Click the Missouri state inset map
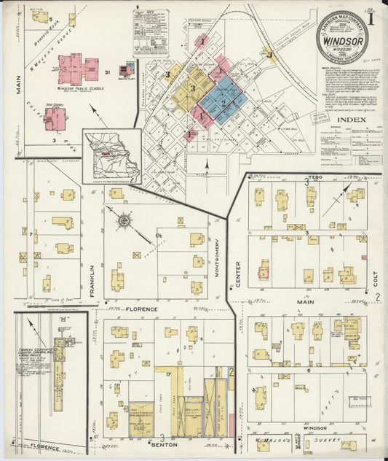click(111, 155)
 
